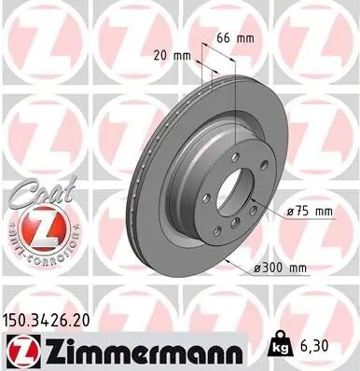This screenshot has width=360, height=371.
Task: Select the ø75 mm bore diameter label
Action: click(309, 212)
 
